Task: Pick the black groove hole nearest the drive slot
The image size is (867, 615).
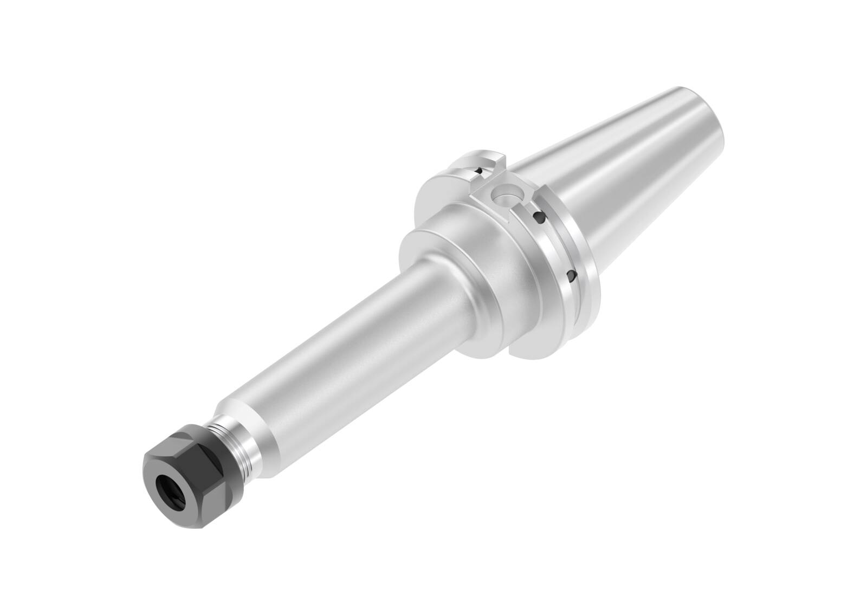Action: (539, 218)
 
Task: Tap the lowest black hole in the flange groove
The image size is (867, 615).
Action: (570, 276)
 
